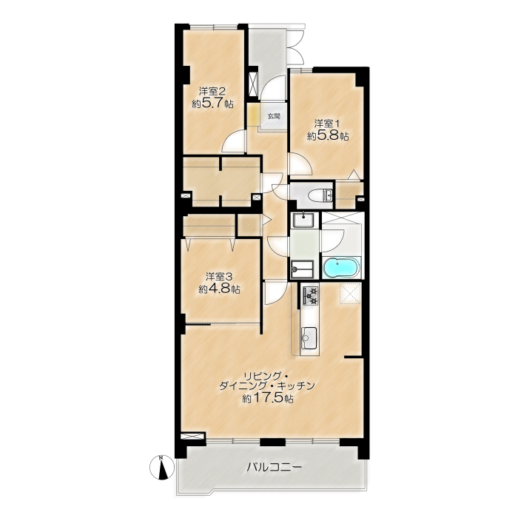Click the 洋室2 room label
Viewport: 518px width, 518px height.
[213, 91]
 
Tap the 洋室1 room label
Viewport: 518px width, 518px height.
[327, 124]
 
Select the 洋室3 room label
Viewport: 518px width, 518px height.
[220, 276]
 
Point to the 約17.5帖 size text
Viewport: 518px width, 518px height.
[268, 398]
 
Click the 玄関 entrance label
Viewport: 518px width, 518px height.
[274, 116]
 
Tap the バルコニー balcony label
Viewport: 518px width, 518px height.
[275, 467]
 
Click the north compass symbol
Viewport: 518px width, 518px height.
[162, 467]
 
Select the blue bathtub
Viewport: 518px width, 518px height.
[342, 268]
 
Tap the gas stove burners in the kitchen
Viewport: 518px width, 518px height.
[310, 296]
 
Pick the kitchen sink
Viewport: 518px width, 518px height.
[309, 337]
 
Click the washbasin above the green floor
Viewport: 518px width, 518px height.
[304, 221]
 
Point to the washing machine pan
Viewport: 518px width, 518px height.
[302, 269]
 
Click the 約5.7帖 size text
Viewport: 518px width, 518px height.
[213, 104]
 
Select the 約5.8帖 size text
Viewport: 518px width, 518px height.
[328, 136]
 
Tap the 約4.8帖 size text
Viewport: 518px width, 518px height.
[219, 289]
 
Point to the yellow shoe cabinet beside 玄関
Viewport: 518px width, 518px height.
[254, 115]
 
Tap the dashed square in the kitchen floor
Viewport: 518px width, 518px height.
[350, 294]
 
